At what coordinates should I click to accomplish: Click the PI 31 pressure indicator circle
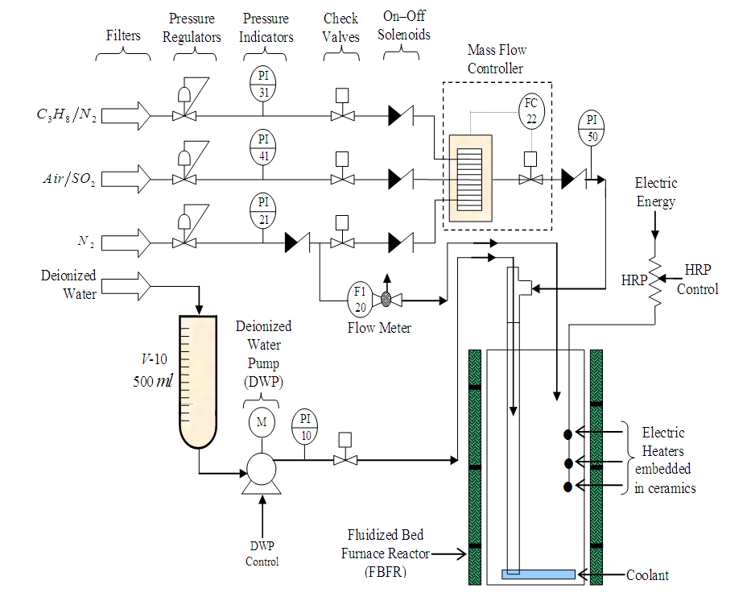coord(263,84)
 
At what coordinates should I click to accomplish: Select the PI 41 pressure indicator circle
coord(263,147)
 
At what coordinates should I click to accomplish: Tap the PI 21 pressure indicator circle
coord(263,211)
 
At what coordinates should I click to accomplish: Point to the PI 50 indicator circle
coord(592,128)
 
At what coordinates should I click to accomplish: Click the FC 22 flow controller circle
coord(531,111)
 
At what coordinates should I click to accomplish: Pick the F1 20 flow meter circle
coord(360,300)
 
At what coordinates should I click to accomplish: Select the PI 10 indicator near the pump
coord(304,427)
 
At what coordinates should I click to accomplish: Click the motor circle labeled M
coord(262,422)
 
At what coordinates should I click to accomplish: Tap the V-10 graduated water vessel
coord(198,382)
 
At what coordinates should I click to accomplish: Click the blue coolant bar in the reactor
coord(538,574)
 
